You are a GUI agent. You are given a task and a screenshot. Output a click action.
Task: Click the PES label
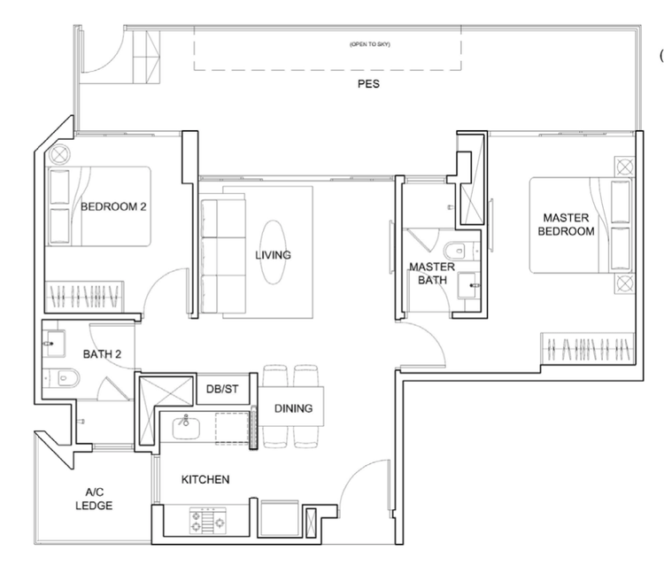click(368, 84)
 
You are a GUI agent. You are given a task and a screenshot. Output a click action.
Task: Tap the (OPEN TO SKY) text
click(370, 44)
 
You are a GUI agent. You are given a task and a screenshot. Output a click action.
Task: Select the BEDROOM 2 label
click(113, 206)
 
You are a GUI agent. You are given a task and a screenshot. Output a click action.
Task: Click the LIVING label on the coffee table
click(274, 255)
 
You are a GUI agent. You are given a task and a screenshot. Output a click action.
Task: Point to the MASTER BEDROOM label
click(567, 224)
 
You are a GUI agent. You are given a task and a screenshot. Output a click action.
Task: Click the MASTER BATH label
click(432, 273)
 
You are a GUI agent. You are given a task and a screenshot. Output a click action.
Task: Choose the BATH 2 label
click(102, 354)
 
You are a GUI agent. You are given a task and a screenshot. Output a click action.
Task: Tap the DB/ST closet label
click(222, 389)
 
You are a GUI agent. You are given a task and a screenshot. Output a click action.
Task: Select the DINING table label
click(293, 408)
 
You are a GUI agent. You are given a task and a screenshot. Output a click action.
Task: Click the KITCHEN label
click(205, 479)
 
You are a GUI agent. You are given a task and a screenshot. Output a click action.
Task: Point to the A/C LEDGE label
click(94, 499)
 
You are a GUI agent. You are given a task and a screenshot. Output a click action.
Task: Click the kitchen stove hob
click(207, 521)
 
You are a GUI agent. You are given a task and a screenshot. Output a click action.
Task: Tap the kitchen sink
click(186, 428)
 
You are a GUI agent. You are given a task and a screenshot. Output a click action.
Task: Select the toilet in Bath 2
click(64, 378)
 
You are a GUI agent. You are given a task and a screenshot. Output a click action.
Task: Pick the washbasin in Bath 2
click(56, 344)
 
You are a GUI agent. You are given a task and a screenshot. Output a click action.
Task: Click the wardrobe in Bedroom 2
click(84, 296)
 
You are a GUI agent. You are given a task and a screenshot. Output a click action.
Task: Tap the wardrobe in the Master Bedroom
click(588, 348)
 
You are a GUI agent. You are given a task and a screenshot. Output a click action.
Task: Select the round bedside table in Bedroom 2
click(59, 154)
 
